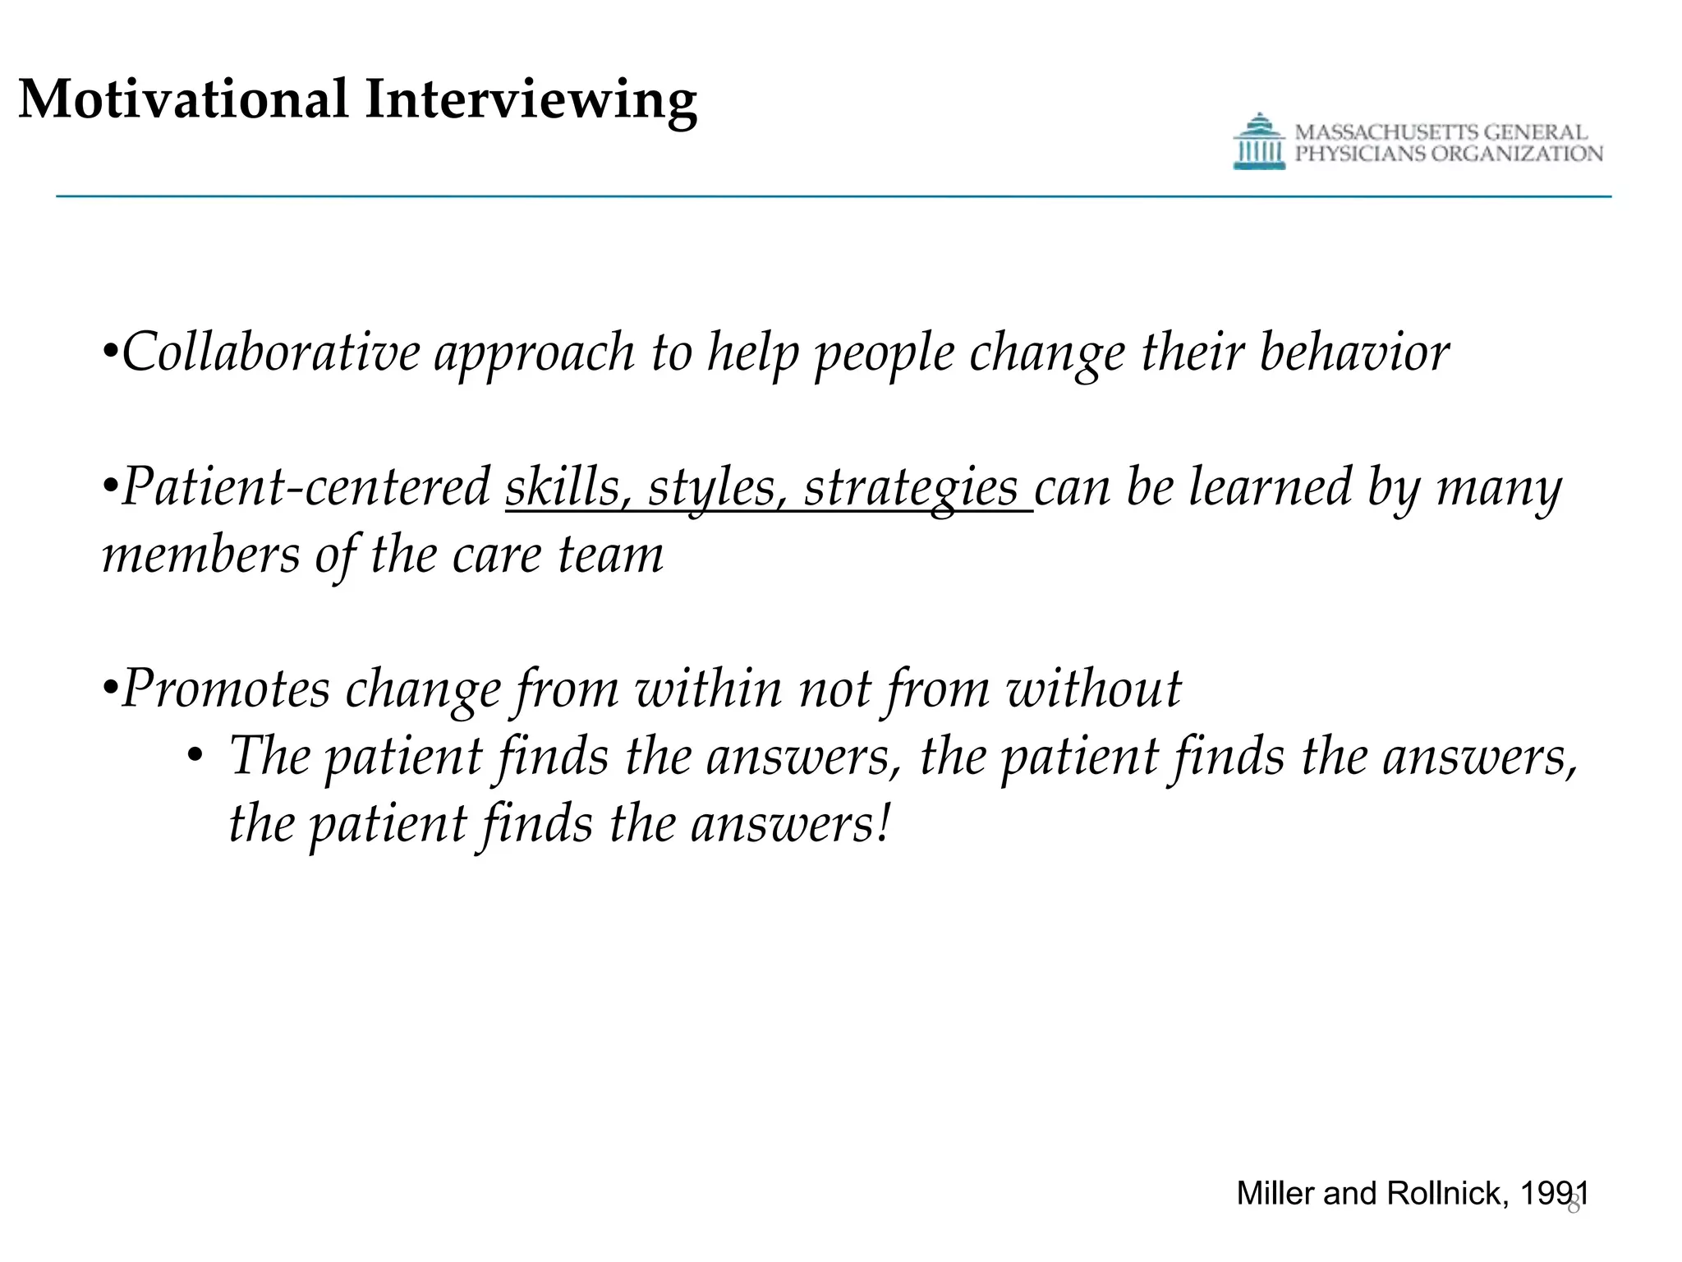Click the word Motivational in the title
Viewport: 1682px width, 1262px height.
pos(183,99)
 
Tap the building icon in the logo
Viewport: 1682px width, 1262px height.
pos(1258,142)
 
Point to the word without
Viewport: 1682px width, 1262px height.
pos(1093,689)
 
